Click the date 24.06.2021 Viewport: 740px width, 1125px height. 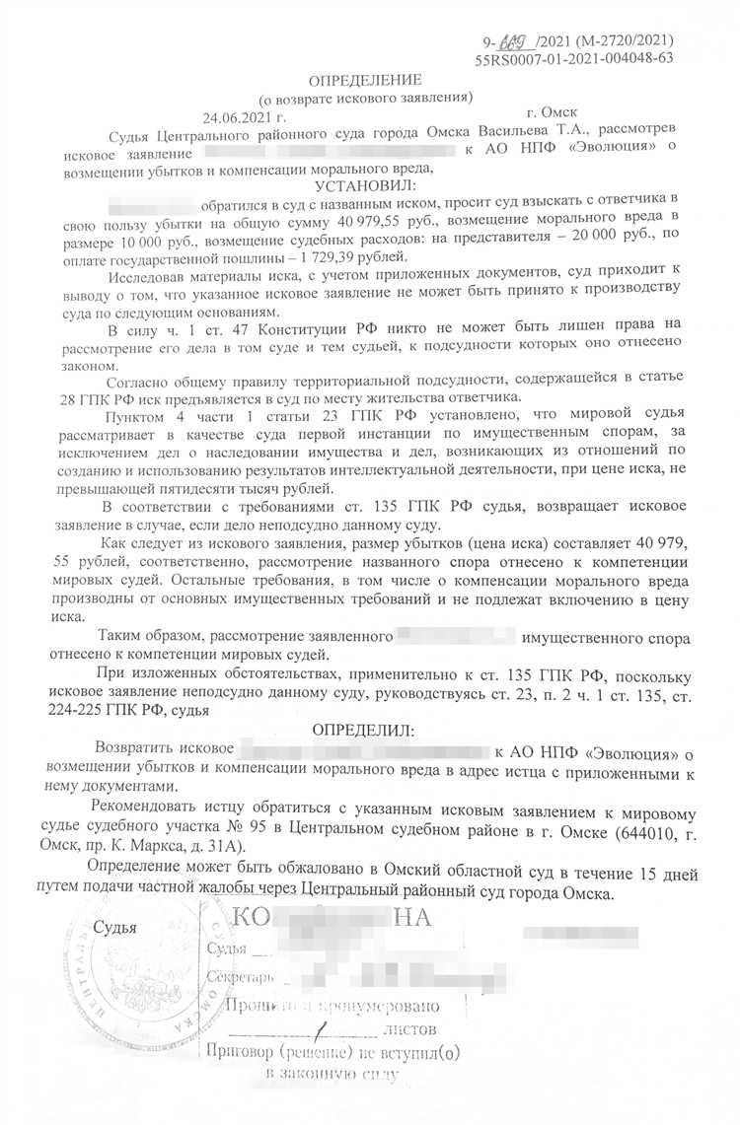coord(236,115)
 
